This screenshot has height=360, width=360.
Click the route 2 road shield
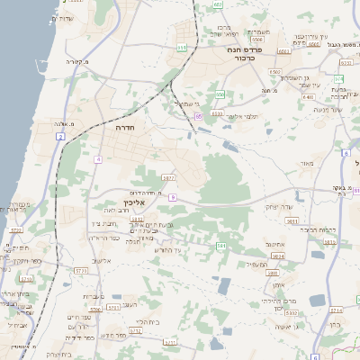[x=60, y=136]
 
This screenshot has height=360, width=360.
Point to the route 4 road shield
[x=97, y=158]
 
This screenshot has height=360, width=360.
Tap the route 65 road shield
[x=197, y=116]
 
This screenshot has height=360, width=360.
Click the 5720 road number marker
[x=16, y=230]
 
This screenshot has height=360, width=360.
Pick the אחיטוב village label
[x=275, y=244]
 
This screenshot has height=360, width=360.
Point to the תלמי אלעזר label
[x=243, y=116]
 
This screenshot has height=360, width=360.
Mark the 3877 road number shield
[x=167, y=178]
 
